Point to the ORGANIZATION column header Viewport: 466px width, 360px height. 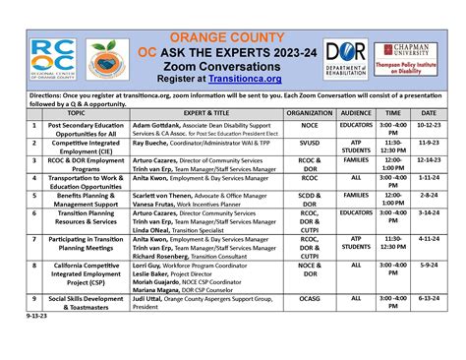[310, 114]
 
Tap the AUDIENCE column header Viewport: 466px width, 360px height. [355, 114]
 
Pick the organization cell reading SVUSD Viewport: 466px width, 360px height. [310, 143]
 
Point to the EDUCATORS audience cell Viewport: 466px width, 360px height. [355, 126]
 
